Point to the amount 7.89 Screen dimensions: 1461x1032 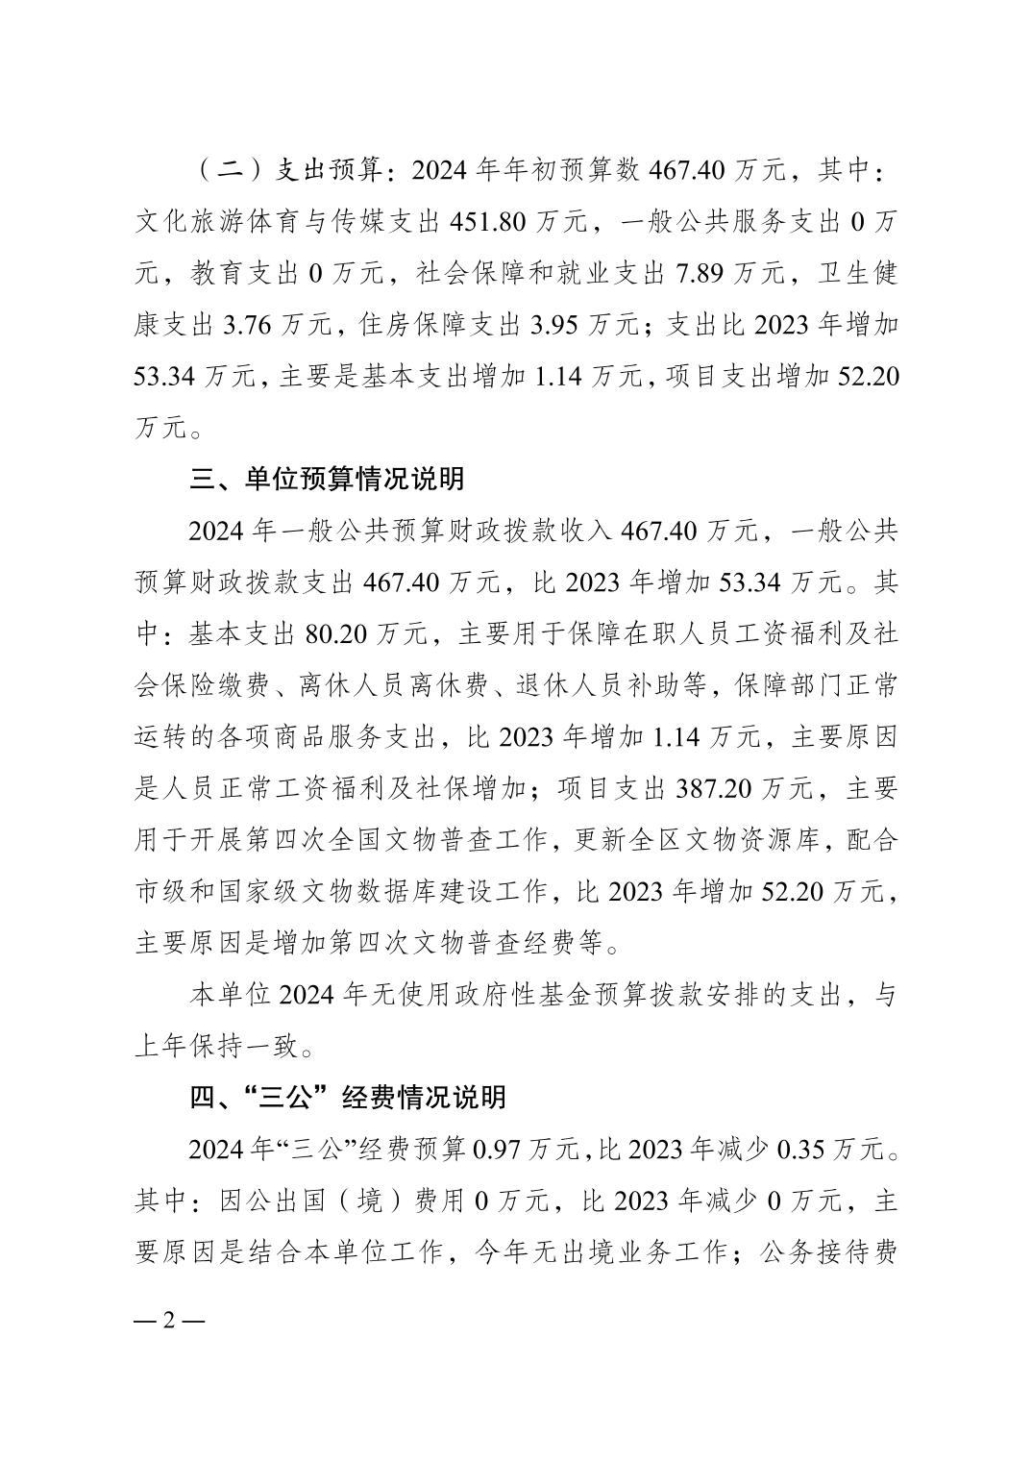click(x=702, y=274)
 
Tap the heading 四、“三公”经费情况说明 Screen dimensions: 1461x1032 click(x=347, y=1098)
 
